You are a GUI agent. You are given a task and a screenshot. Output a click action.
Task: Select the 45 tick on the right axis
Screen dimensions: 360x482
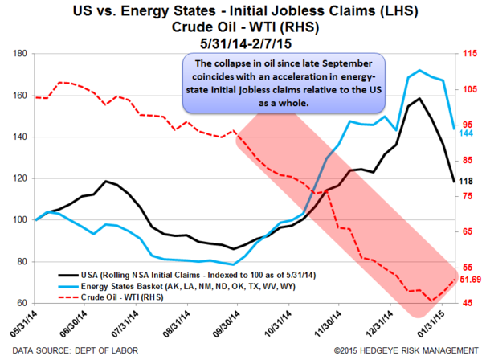point(460,303)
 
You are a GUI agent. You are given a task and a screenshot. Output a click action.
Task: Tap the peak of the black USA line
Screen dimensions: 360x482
point(421,99)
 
